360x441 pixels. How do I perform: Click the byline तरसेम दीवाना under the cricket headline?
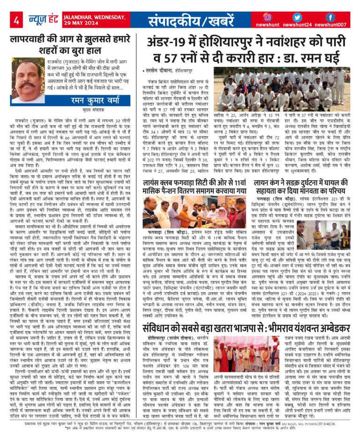click(158, 70)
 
